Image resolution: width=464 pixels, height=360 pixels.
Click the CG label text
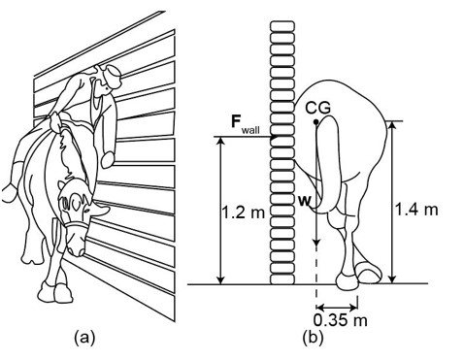(318, 108)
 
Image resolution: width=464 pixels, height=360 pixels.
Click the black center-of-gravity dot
(316, 122)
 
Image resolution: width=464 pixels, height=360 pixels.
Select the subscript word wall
(250, 130)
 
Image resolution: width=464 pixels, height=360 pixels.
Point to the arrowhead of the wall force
(275, 137)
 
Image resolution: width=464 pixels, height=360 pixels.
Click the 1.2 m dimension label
(243, 213)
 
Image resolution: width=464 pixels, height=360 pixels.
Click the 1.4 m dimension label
(416, 210)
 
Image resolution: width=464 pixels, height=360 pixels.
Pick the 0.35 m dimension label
(341, 320)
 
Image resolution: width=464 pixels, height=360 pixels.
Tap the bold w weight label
(304, 201)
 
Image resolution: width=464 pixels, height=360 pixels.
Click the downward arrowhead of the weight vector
(316, 242)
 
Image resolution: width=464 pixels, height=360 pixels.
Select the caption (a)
(84, 338)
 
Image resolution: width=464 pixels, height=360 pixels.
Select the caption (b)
(313, 338)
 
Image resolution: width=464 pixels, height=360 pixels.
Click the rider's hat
(113, 76)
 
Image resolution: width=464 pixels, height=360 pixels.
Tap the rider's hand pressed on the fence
(108, 160)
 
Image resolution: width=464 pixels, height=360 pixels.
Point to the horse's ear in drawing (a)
(62, 186)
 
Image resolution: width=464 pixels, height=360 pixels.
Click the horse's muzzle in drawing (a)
(77, 245)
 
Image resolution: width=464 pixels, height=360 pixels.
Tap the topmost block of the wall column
(282, 26)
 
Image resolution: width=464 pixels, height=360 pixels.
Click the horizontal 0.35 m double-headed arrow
(337, 306)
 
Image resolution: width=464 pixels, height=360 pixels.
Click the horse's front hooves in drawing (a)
(56, 291)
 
